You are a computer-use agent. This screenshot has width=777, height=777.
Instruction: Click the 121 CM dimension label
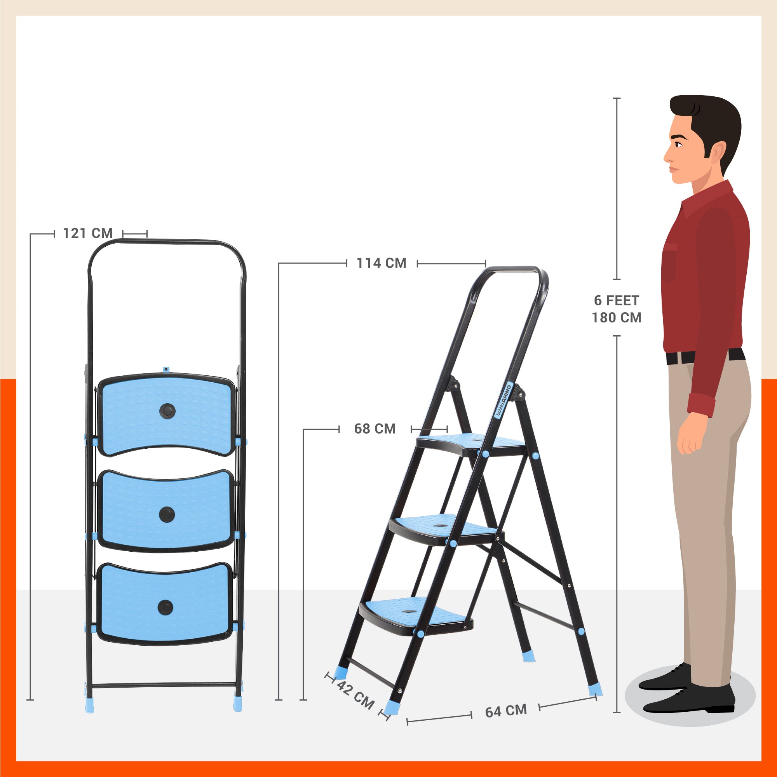point(88,233)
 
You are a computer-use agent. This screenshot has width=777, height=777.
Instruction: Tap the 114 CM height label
point(382,263)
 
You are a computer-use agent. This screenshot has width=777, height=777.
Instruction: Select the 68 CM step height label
point(375,429)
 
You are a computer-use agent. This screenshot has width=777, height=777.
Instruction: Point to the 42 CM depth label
point(355,695)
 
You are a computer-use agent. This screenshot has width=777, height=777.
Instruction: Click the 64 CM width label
point(506,711)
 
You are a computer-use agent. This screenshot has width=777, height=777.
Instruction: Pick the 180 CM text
point(617,318)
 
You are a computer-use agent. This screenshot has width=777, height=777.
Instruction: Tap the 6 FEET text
point(617,300)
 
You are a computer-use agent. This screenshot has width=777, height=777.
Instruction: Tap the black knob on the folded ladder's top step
point(167,411)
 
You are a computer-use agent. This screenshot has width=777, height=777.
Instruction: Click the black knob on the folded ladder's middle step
point(167,514)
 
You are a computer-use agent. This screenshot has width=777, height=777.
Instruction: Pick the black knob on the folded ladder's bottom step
point(165,607)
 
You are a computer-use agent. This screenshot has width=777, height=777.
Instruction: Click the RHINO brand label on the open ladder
point(503,400)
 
